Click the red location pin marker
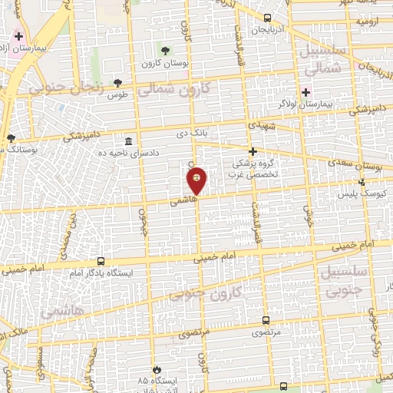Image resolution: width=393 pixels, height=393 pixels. [x=197, y=180]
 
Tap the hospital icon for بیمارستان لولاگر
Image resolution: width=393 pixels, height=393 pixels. [x=305, y=92]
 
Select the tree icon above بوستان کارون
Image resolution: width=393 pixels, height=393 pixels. [x=165, y=51]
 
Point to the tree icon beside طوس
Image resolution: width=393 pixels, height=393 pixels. [x=118, y=83]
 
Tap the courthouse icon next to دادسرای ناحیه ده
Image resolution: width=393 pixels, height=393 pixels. [x=127, y=142]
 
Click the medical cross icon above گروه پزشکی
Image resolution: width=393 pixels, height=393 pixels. [x=253, y=151]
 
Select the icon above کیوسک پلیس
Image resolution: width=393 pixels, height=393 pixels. [x=363, y=182]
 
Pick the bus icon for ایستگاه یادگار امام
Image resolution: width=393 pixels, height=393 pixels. [x=101, y=262]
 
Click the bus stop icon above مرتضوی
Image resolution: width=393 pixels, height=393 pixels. [x=266, y=321]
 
